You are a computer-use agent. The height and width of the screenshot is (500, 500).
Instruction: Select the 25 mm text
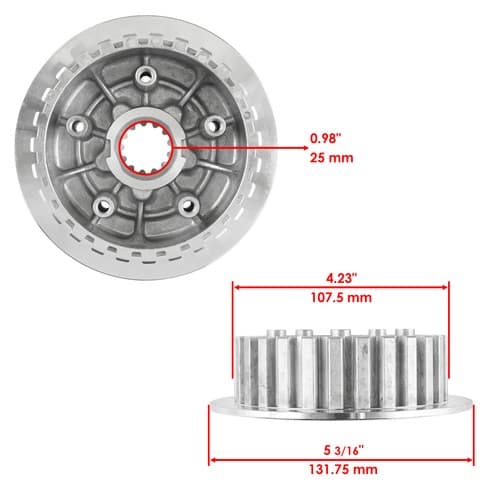tap(332, 158)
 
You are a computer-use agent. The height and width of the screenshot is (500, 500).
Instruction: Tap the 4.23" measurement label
tap(341, 278)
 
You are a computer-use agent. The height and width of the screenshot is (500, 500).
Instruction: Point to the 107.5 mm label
tap(341, 297)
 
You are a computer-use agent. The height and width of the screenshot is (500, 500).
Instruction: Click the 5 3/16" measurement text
tap(343, 451)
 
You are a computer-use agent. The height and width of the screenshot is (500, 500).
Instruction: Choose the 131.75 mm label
tap(343, 470)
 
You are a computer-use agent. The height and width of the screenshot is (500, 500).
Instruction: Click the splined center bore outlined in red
tap(146, 147)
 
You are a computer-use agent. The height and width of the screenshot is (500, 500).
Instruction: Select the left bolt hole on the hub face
tap(77, 126)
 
